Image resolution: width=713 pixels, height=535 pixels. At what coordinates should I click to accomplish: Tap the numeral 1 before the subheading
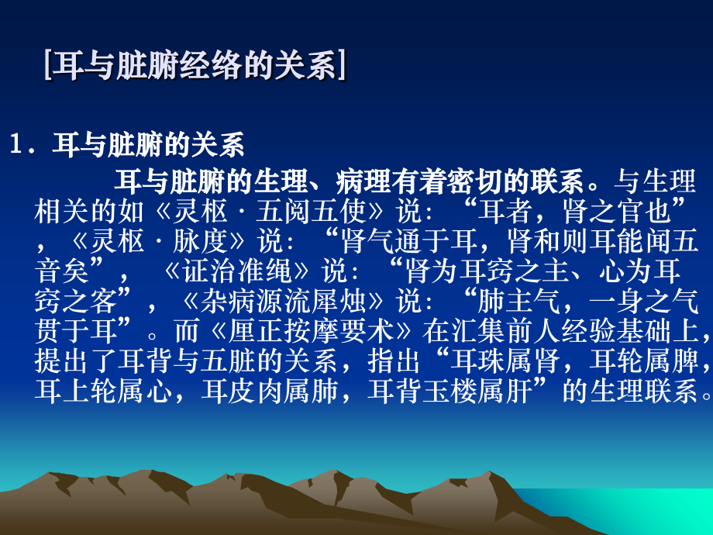coord(16,143)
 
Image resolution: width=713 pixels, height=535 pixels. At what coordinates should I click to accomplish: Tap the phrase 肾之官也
coord(621,211)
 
